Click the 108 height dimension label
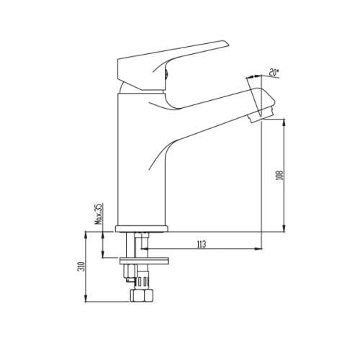point(280,175)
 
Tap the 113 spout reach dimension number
point(200,245)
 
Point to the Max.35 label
point(99,215)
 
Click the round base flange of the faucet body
point(143,229)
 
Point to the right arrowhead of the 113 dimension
point(258,251)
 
